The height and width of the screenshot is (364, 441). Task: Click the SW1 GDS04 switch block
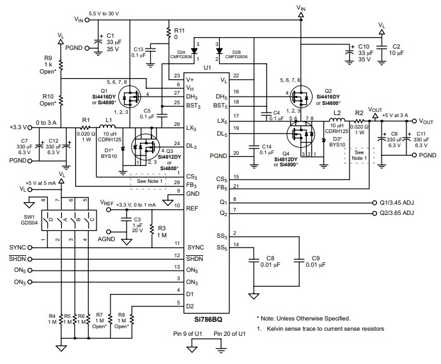63,220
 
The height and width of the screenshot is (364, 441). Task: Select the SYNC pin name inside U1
196,247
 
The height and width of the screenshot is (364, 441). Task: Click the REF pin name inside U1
192,208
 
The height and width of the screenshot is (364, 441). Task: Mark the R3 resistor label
162,228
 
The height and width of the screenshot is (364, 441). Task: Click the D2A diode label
180,51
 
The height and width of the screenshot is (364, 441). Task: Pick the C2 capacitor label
396,47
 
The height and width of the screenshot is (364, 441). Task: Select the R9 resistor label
47,58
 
